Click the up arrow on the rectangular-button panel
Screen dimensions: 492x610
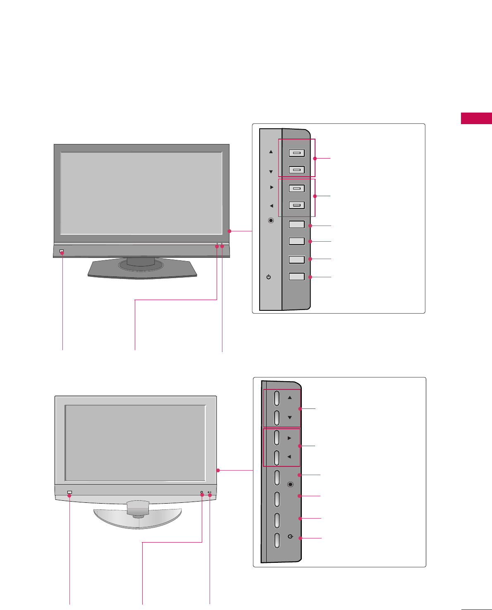point(271,152)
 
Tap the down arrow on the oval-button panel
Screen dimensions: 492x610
point(290,418)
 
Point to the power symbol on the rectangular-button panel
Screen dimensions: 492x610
point(269,277)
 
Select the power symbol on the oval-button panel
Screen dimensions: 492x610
point(291,536)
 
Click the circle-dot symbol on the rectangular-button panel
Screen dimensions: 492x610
point(271,221)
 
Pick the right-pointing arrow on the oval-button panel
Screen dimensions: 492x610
point(289,438)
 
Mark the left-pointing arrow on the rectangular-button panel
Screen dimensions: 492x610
point(271,206)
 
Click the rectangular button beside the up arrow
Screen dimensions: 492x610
point(296,153)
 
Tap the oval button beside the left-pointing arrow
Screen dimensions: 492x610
point(277,457)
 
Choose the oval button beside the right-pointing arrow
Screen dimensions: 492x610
point(277,438)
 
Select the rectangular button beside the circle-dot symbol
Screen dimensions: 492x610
point(296,224)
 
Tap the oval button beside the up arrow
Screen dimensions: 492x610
point(277,398)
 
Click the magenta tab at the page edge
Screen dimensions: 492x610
point(476,118)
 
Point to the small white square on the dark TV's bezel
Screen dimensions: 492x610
point(62,251)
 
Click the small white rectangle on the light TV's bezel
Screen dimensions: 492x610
point(69,492)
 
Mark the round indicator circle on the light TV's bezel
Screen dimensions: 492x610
point(202,493)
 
